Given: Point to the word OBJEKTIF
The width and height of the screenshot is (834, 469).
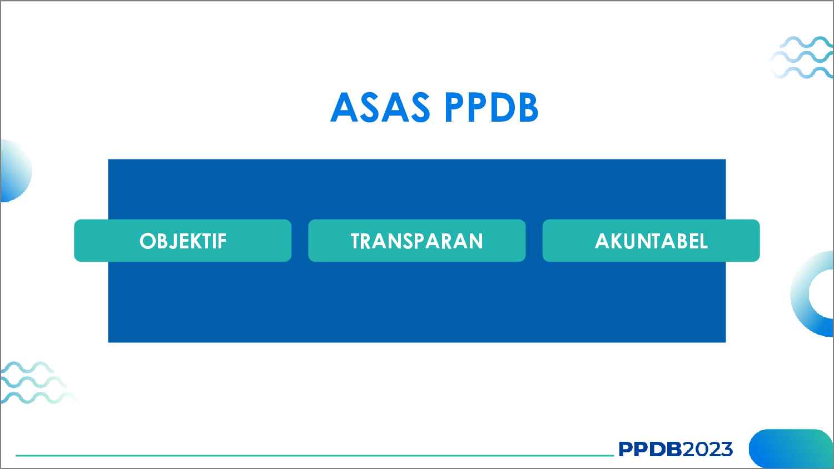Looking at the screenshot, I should click(183, 241).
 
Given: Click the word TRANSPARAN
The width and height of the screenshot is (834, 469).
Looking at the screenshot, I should click(416, 241).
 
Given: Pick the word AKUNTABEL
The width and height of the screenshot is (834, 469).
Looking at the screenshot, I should click(651, 241).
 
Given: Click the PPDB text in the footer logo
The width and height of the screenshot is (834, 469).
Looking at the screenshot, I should click(649, 449).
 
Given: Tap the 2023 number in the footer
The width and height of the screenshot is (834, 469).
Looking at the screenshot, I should click(707, 449).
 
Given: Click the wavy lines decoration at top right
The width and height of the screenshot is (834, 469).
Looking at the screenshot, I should click(804, 57).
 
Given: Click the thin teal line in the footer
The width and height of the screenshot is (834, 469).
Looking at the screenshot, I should click(311, 456).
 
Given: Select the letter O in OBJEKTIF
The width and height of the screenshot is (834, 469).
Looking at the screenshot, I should click(147, 241).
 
